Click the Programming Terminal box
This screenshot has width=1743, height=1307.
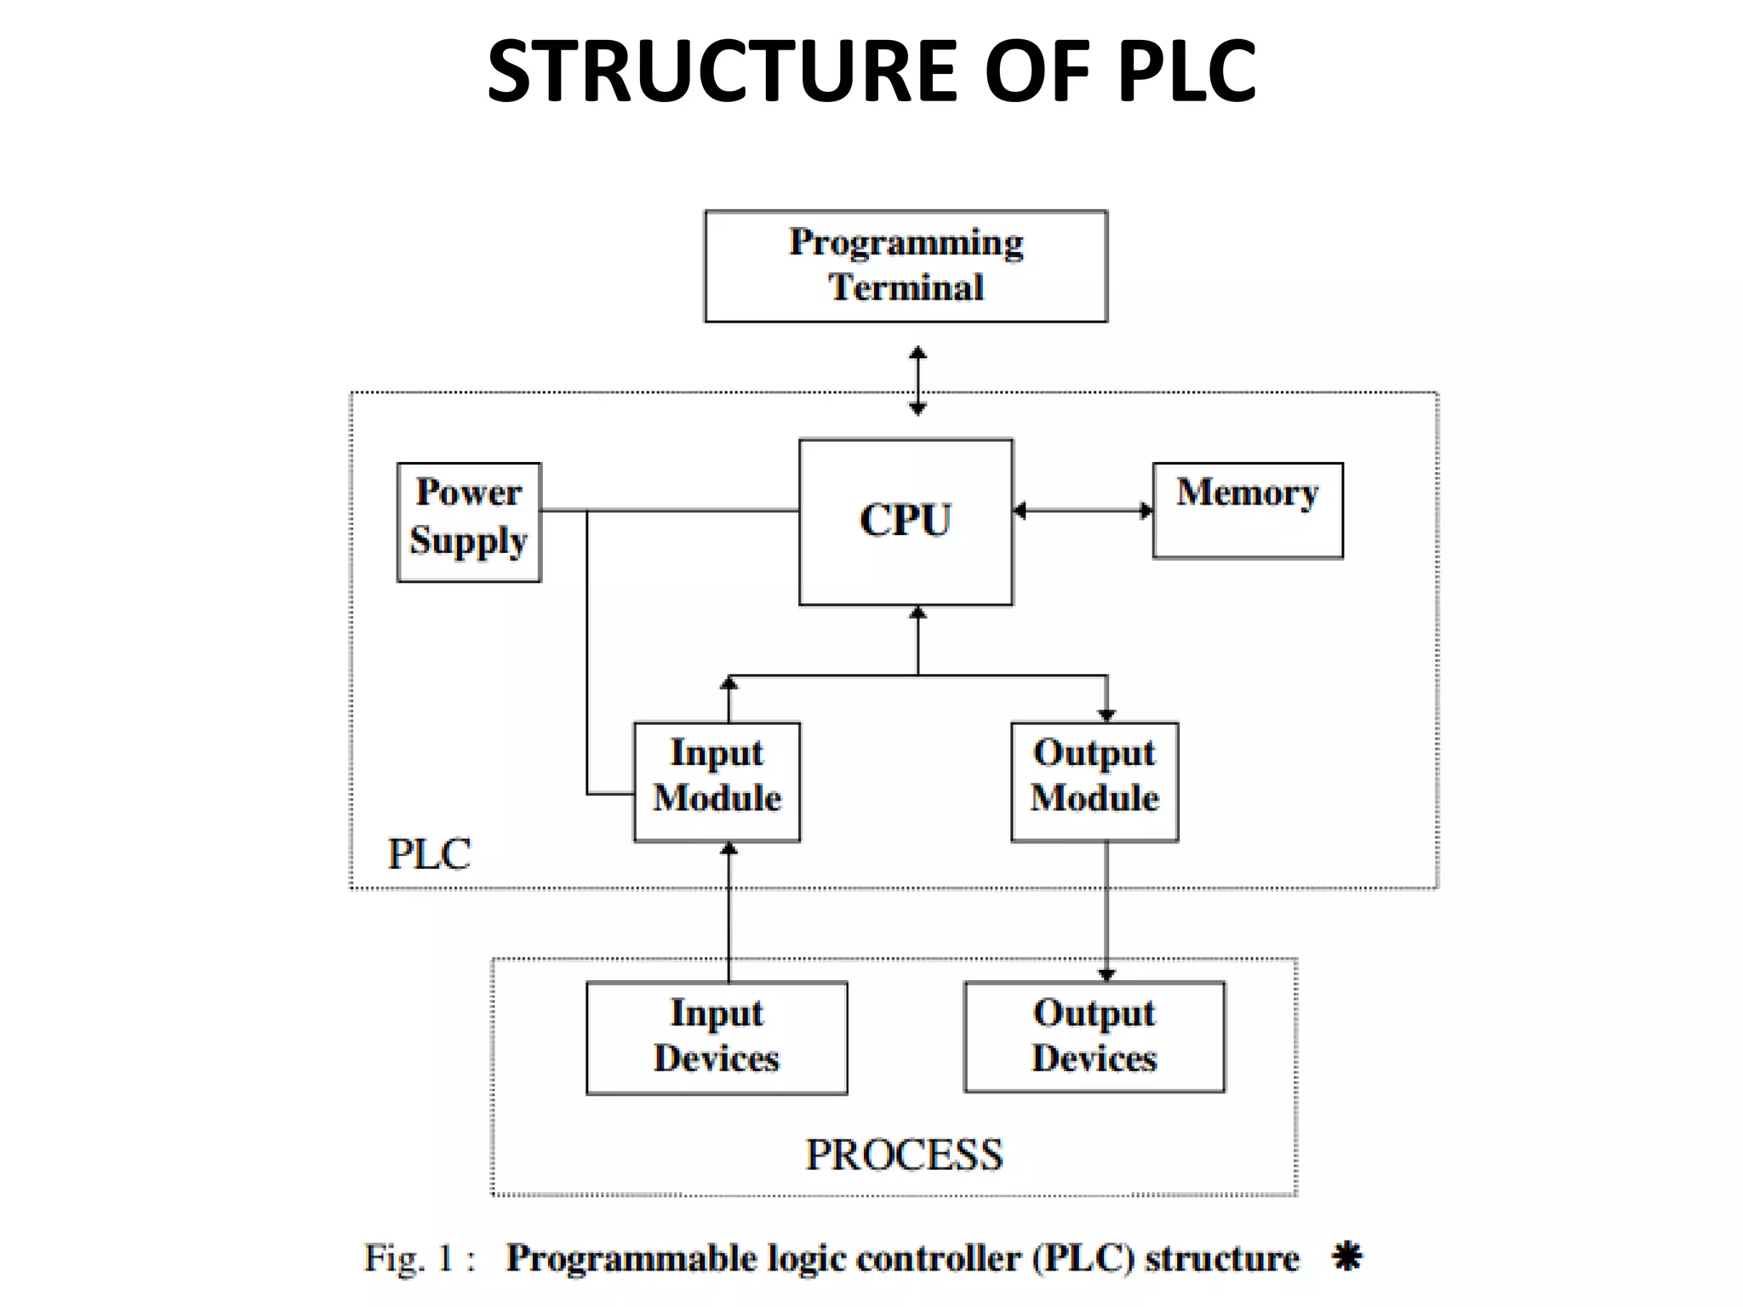pos(906,266)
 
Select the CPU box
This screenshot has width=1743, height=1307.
pos(906,522)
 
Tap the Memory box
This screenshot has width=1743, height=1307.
pos(1248,511)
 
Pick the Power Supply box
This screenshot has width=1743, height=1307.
pos(469,522)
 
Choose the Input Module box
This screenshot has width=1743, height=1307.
pos(717,781)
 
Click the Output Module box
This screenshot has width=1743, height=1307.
pos(1094,781)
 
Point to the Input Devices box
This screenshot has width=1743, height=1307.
pos(717,1037)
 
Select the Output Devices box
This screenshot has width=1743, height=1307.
pos(1094,1036)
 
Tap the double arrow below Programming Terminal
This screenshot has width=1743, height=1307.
pos(917,380)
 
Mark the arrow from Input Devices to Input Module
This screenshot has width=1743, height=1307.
pos(729,910)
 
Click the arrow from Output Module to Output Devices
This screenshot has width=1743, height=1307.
pos(1106,910)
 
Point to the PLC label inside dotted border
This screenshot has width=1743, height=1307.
pos(429,853)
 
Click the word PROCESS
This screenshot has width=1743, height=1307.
pos(904,1155)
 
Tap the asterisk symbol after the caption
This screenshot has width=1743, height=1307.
pos(1347,1256)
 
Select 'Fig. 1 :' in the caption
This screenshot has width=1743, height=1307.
pos(420,1258)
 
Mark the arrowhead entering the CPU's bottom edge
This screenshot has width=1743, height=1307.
pos(917,613)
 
